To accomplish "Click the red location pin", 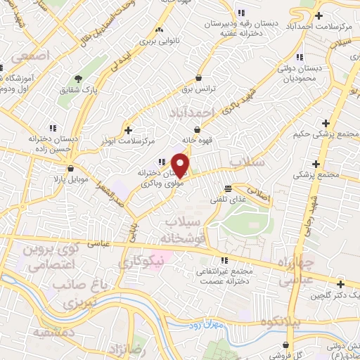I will [x=181, y=165].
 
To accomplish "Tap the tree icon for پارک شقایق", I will [x=77, y=78].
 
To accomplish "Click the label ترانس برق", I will [x=201, y=89].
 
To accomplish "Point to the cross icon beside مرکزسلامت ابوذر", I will [x=127, y=129].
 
